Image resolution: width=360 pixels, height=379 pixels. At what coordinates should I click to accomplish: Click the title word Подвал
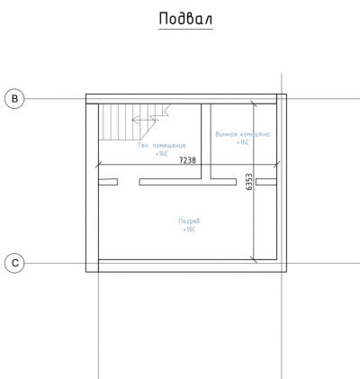pyautogui.click(x=185, y=19)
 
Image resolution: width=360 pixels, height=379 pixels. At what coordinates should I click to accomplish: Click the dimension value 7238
pyautogui.click(x=188, y=159)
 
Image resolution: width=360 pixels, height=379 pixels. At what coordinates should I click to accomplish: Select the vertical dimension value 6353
pyautogui.click(x=248, y=183)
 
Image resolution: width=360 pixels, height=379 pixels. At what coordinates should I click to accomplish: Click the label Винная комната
pyautogui.click(x=242, y=133)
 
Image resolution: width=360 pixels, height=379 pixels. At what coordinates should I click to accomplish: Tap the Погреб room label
pyautogui.click(x=189, y=221)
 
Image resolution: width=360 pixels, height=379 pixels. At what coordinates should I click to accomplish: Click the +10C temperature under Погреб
pyautogui.click(x=189, y=230)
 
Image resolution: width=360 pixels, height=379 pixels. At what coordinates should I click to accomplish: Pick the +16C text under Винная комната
pyautogui.click(x=243, y=142)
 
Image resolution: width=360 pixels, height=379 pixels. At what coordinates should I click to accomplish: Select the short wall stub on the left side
pyautogui.click(x=107, y=182)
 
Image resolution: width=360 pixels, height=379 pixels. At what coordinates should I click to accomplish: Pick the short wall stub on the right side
pyautogui.click(x=266, y=182)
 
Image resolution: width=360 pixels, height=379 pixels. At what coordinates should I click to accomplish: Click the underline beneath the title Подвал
pyautogui.click(x=185, y=29)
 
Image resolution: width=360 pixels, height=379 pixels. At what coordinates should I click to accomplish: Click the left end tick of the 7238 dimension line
pyautogui.click(x=98, y=165)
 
